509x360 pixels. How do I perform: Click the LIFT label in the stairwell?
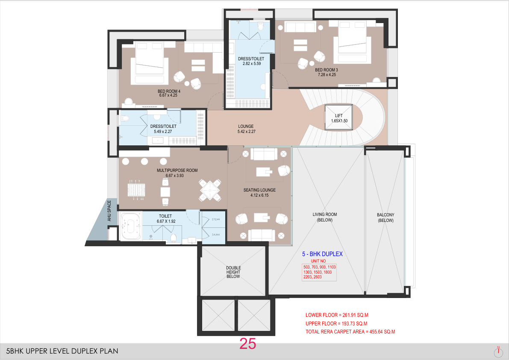[x=338, y=115]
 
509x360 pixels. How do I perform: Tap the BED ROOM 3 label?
[x=326, y=70]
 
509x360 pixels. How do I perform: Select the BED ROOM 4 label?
[x=169, y=91]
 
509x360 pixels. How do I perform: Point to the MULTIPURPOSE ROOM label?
[x=177, y=170]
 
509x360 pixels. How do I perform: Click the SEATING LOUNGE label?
[x=259, y=190]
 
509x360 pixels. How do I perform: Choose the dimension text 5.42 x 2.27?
[x=247, y=131]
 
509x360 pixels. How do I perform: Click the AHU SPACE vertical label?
[x=109, y=211]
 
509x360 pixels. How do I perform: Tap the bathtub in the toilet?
[x=130, y=226]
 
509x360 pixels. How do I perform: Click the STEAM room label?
[x=216, y=219]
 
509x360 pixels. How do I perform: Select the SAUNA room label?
[x=216, y=234]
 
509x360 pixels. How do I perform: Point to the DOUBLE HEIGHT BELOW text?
[x=233, y=272]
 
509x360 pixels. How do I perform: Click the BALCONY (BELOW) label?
[x=385, y=218]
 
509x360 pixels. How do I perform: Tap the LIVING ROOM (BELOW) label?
[x=325, y=217]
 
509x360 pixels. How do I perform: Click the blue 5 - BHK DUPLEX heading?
[x=322, y=254]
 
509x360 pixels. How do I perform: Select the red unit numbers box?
[x=319, y=272]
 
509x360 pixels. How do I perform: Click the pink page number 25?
[x=248, y=344]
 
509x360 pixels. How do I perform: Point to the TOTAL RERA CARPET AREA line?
[x=350, y=332]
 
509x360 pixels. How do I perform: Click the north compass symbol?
[x=498, y=351]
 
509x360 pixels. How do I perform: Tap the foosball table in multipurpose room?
[x=136, y=189]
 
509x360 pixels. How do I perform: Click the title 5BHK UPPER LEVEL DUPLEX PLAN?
[x=62, y=351]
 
